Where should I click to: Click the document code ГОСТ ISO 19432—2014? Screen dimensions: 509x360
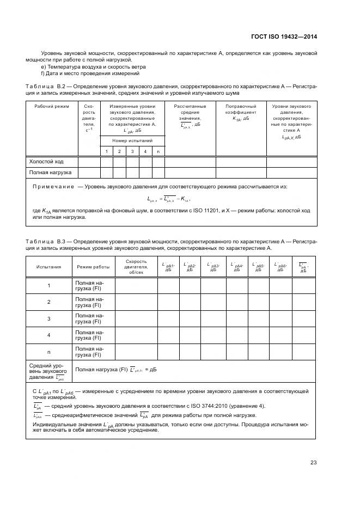(291, 37)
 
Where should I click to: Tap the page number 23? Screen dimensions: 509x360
(313, 463)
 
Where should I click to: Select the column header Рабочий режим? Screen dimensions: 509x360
(51, 106)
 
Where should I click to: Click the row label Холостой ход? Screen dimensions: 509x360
(46, 161)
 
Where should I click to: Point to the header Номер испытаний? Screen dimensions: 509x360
(132, 140)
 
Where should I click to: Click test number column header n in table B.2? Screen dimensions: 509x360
(158, 151)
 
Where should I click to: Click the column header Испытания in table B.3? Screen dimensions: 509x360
(48, 267)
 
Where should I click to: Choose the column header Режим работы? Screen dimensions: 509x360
(93, 267)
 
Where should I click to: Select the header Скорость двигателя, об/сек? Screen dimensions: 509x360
(136, 267)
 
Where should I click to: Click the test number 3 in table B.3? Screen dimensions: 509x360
(48, 318)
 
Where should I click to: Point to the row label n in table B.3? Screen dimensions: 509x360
(48, 352)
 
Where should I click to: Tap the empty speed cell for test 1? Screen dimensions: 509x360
(136, 285)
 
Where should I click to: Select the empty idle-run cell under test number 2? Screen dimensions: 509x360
(119, 161)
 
